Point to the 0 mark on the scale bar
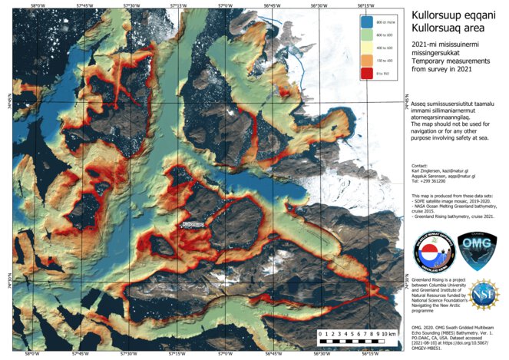point(319,335)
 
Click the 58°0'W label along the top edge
point(31,5)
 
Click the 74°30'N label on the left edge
point(5,281)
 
